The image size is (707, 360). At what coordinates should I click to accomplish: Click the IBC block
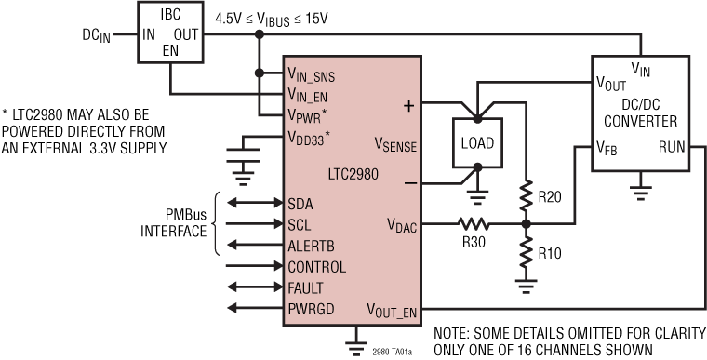pyautogui.click(x=170, y=33)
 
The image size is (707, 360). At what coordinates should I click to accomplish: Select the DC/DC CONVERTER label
pyautogui.click(x=640, y=113)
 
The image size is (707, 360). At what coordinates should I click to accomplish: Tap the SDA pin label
pyautogui.click(x=300, y=204)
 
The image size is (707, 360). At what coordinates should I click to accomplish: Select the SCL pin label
pyautogui.click(x=300, y=224)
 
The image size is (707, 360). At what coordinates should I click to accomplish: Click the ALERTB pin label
pyautogui.click(x=312, y=246)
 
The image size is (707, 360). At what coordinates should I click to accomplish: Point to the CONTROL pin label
pyautogui.click(x=317, y=267)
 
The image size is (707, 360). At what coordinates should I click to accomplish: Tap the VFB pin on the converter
pyautogui.click(x=609, y=146)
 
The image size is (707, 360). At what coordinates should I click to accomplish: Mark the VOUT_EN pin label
pyautogui.click(x=393, y=310)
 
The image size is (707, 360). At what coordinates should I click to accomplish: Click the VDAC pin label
pyautogui.click(x=403, y=224)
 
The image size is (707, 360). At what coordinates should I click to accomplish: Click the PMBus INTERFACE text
pyautogui.click(x=175, y=224)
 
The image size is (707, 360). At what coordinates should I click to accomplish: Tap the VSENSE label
pyautogui.click(x=395, y=146)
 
